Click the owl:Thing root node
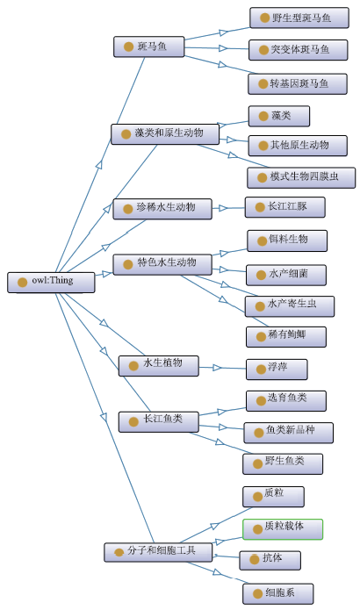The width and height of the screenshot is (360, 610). pos(51,282)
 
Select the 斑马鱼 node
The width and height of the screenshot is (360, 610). pos(148,47)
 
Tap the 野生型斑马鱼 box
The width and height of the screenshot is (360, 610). pos(299,18)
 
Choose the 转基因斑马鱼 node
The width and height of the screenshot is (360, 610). pos(298,83)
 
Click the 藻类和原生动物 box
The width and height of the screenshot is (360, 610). pos(165,134)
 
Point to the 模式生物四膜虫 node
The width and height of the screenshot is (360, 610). pos(301,177)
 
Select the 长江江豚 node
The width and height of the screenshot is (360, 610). pos(284,207)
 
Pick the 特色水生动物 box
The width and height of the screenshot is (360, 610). pos(162,264)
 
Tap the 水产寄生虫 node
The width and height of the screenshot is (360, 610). pos(290,306)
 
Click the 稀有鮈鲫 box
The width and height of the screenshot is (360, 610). pos(286,336)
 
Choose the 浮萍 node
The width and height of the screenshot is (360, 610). pos(277,370)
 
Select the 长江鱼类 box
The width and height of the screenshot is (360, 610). pos(158,421)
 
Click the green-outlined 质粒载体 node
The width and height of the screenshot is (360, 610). pos(283,529)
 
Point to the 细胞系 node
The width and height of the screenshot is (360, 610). pos(277,593)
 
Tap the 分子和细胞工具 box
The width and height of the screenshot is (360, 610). pos(158,552)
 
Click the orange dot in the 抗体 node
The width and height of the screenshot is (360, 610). pos(254,559)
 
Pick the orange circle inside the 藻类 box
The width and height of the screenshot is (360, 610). pos(263,117)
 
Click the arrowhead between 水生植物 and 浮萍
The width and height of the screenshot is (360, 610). pos(217,367)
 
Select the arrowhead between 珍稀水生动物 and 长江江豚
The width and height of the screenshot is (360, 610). pos(223,208)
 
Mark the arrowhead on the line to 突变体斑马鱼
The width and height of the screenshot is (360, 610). pos(223,48)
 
